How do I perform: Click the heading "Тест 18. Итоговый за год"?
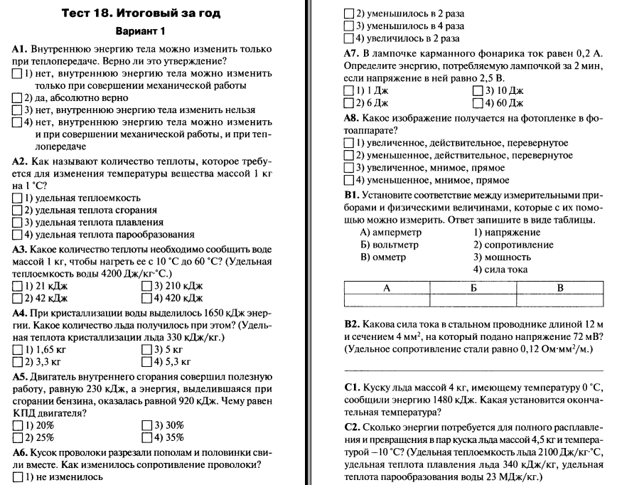click(x=141, y=13)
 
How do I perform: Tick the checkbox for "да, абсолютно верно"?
click(x=18, y=97)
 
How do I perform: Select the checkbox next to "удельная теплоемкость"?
click(x=18, y=198)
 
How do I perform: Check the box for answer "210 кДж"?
click(x=147, y=286)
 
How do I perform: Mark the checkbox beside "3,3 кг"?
click(x=18, y=362)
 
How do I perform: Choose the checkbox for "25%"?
click(x=18, y=437)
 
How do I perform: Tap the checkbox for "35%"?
click(x=147, y=437)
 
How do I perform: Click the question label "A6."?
click(x=21, y=452)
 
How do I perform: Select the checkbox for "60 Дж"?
click(x=477, y=103)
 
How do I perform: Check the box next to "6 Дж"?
click(x=348, y=103)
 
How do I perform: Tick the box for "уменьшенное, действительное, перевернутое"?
click(x=348, y=155)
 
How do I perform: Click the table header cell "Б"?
click(x=473, y=287)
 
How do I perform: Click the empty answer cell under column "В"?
click(x=559, y=302)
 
